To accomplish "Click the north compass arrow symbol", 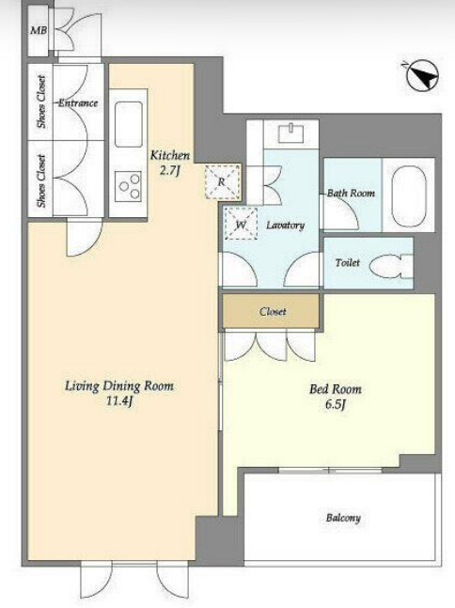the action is [423, 76].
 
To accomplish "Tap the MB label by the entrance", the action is [39, 30].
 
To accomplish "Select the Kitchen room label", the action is [170, 156].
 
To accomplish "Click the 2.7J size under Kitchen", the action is [170, 171].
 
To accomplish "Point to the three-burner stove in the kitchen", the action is [129, 186].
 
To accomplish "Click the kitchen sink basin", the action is [129, 124].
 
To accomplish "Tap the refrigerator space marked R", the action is [222, 181].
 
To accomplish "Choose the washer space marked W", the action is [241, 224].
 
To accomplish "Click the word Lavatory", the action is [285, 226].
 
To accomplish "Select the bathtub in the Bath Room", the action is [408, 195].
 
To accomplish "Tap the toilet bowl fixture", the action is [391, 266].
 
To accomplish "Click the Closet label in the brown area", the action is [273, 311].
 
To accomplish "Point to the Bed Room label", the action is [336, 389].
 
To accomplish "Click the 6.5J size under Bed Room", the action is [336, 404].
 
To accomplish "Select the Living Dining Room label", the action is [119, 386].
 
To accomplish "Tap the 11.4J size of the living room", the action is [119, 401].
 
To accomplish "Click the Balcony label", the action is [343, 518].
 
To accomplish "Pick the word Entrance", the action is [78, 103].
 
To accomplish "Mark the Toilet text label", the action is [348, 262].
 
